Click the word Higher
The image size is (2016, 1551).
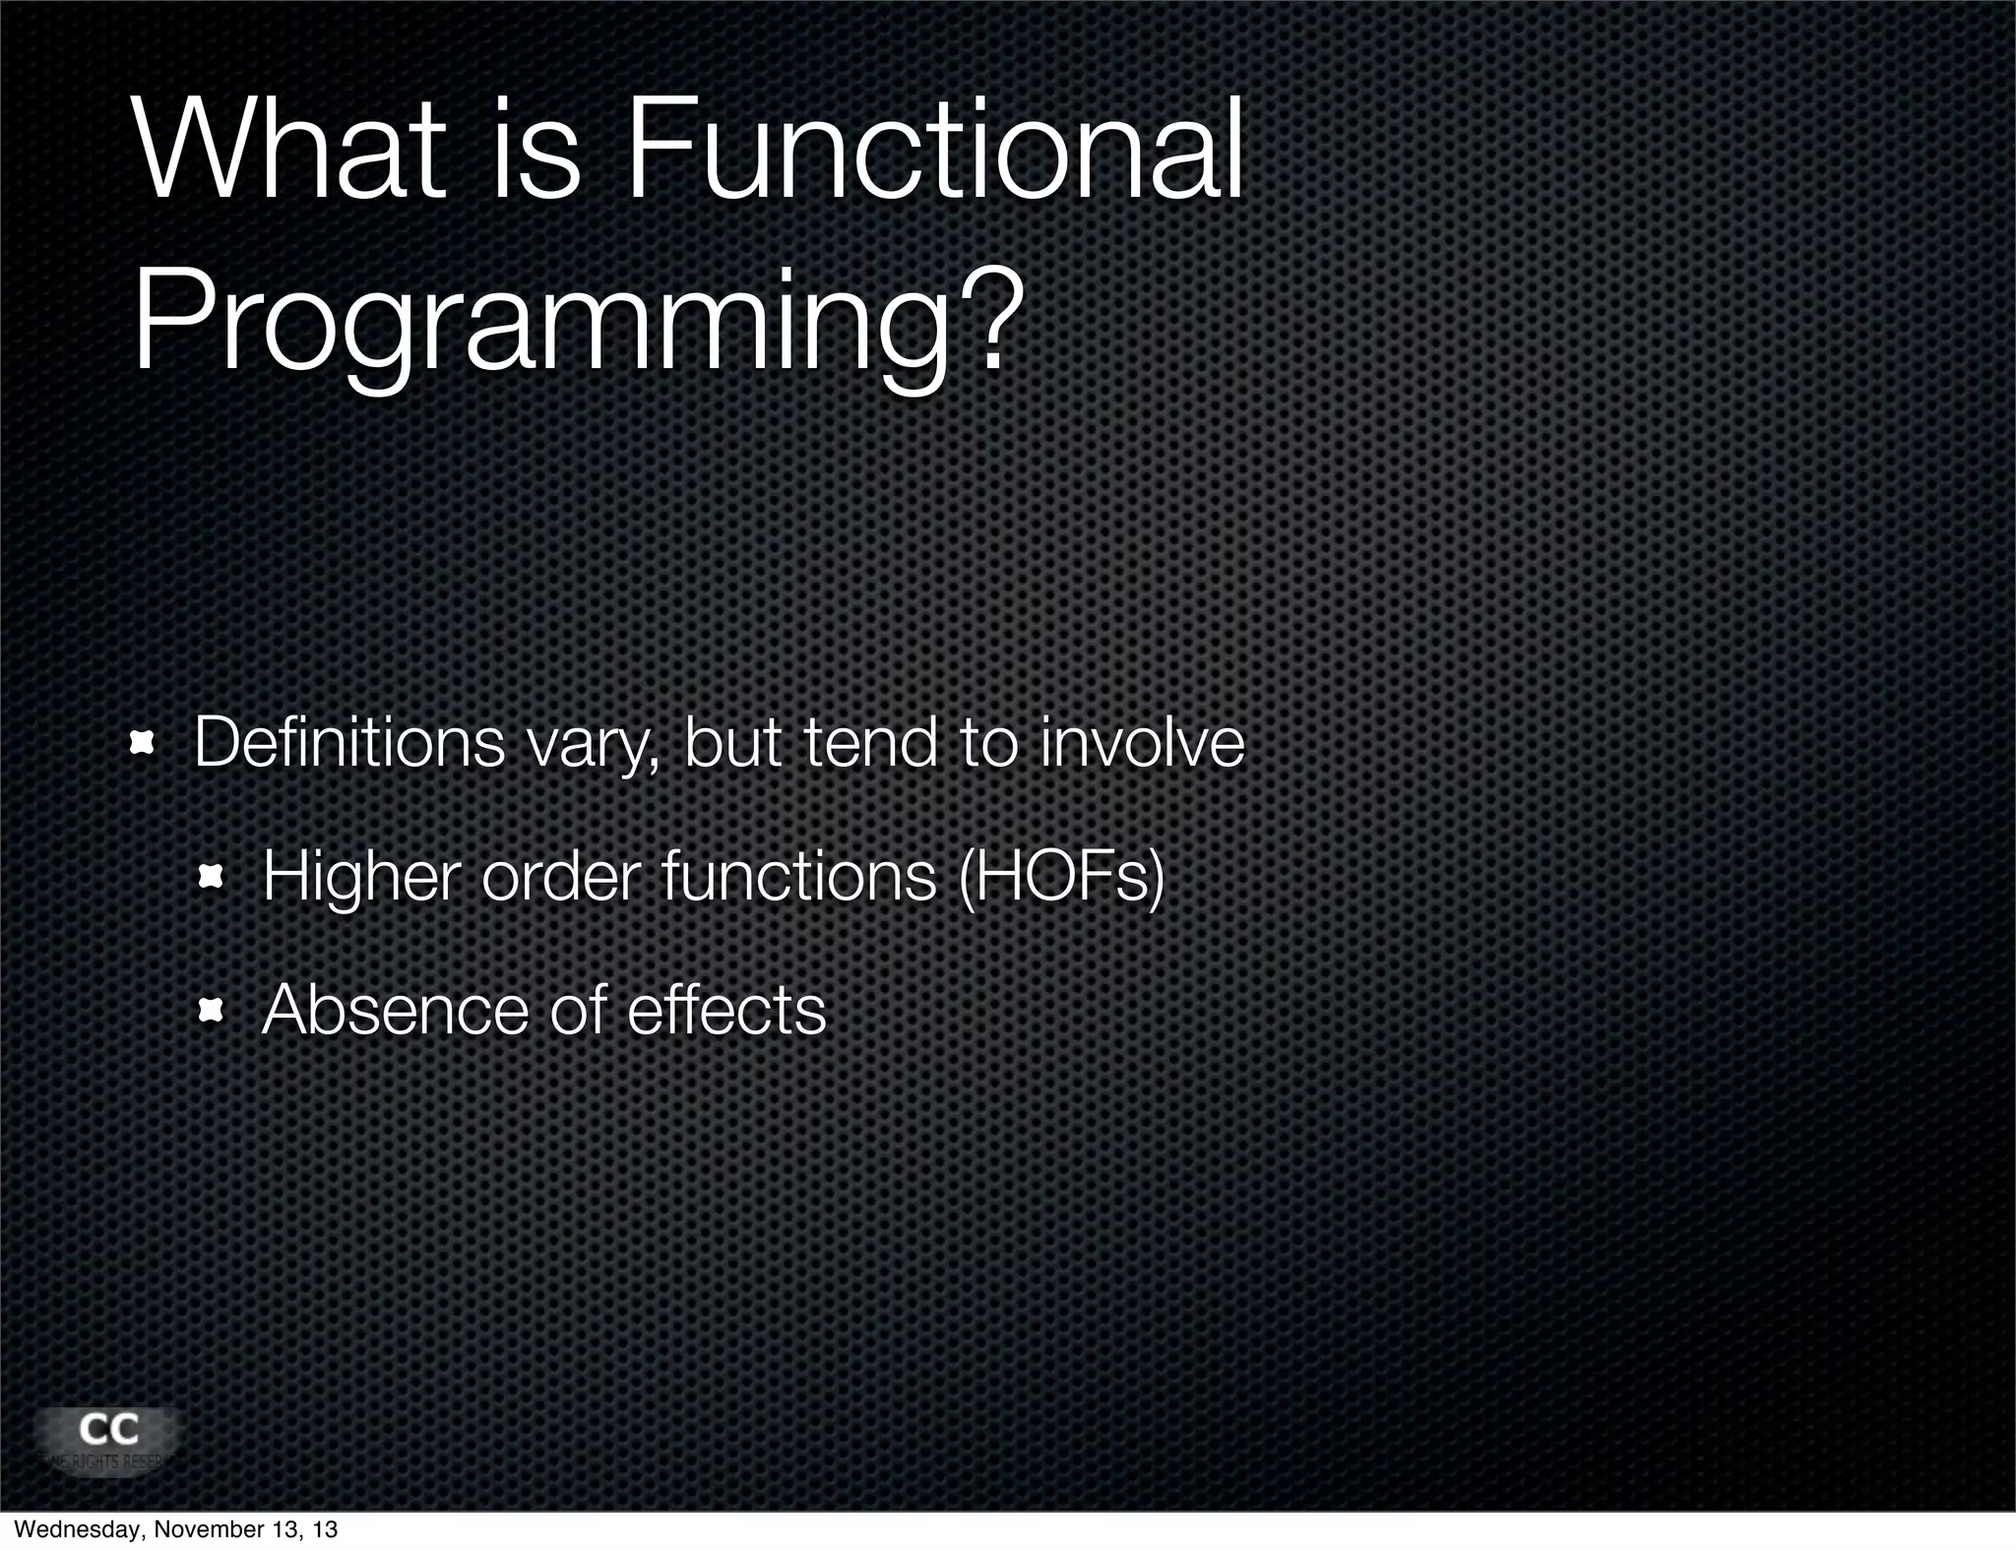pos(361,878)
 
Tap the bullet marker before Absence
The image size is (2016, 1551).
pos(211,1011)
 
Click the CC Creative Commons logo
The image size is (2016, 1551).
pos(108,1439)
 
